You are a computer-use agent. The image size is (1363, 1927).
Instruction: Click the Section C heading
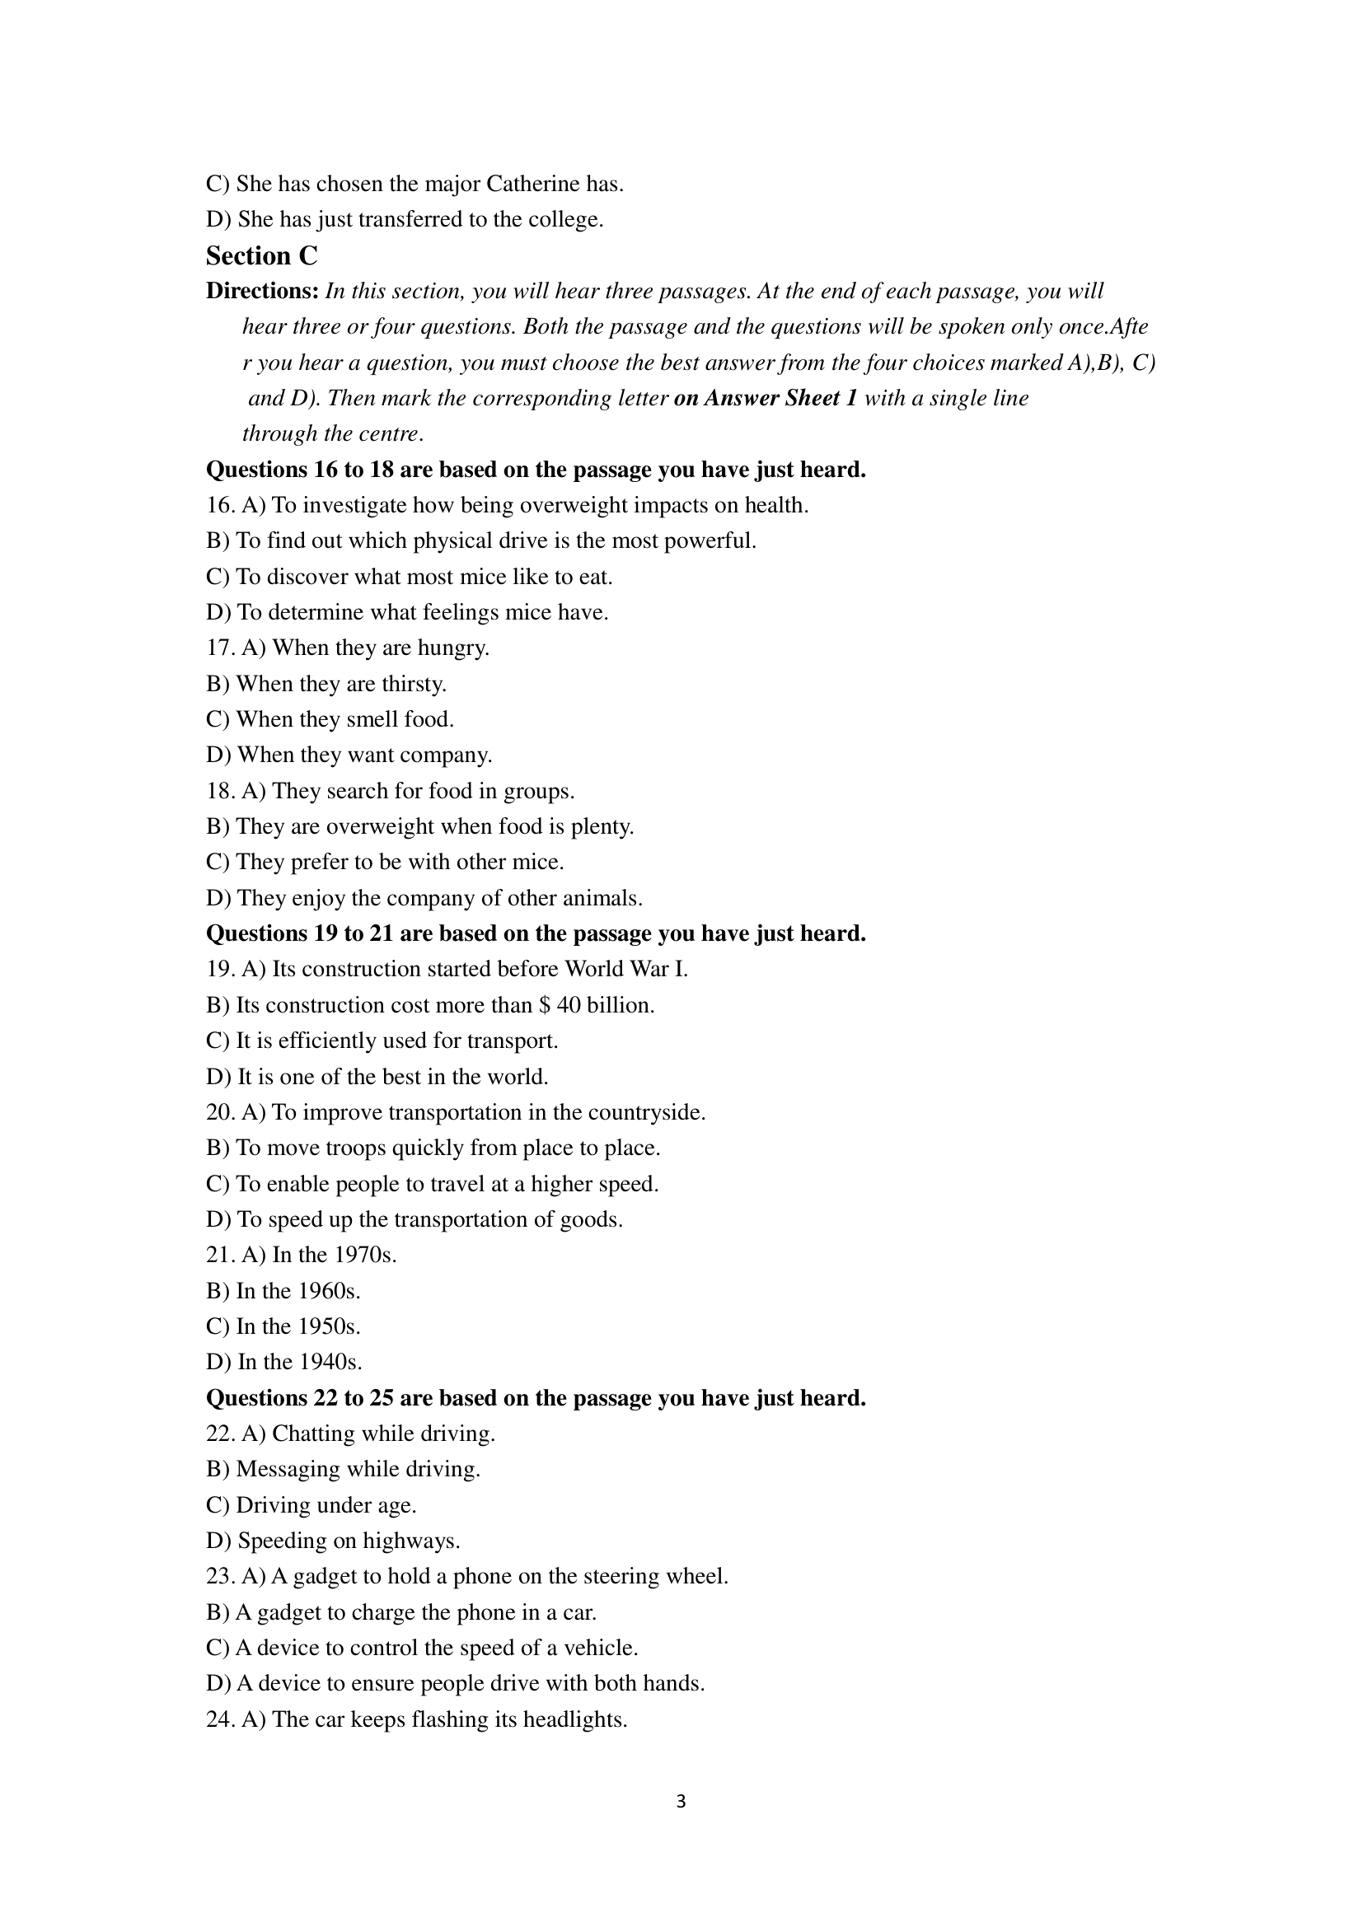coord(262,255)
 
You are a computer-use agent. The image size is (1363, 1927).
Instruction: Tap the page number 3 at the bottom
coord(681,1801)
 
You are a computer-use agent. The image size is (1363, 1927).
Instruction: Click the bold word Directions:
coord(262,291)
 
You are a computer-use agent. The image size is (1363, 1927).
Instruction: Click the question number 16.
coord(220,505)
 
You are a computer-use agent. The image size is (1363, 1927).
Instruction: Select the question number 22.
coord(220,1434)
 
